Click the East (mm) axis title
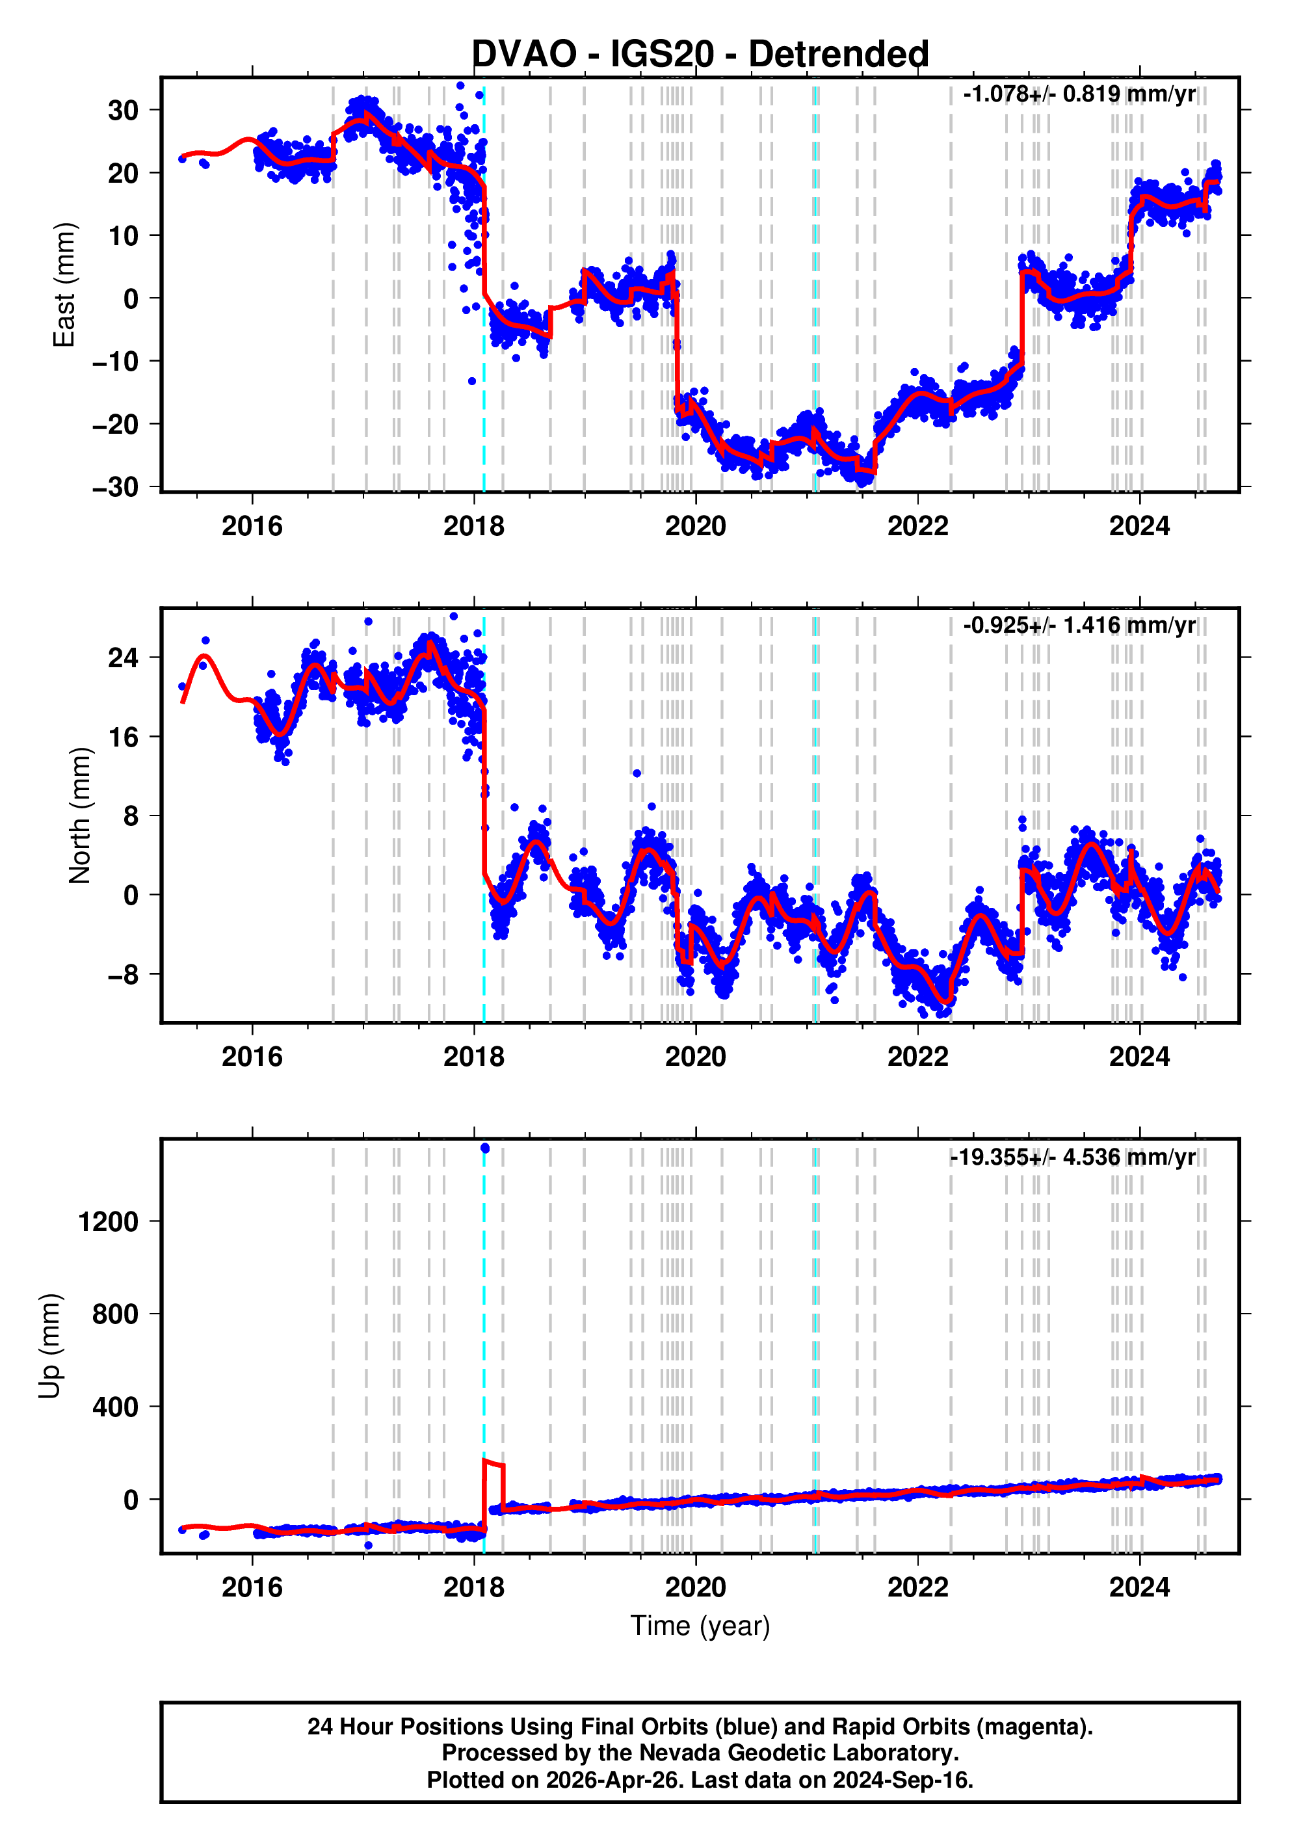tap(64, 285)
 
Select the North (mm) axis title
tap(79, 815)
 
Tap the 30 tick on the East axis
tap(123, 110)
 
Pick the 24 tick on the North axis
tap(123, 658)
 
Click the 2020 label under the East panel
tap(695, 527)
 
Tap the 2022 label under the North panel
tap(917, 1057)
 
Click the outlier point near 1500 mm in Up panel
tap(485, 1148)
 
